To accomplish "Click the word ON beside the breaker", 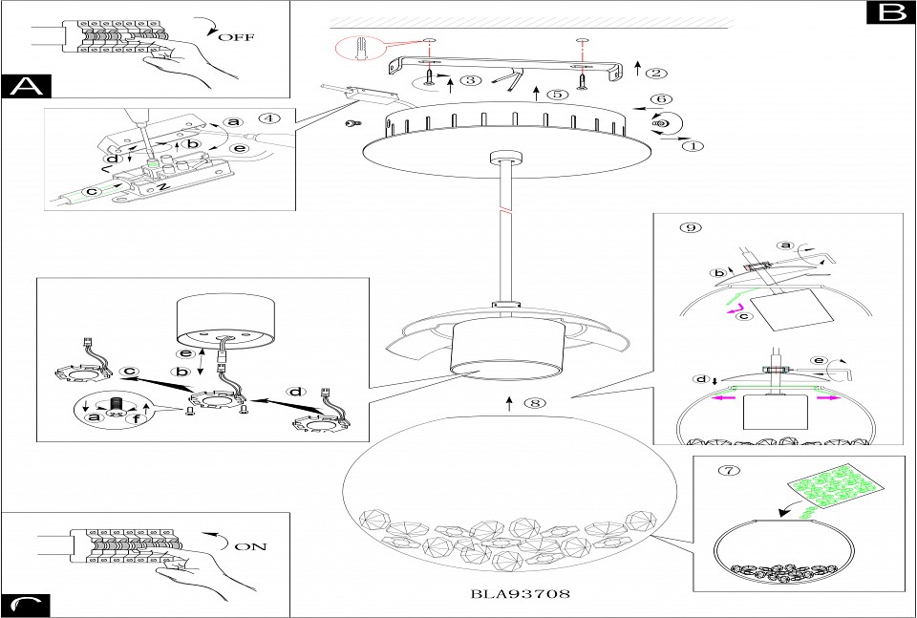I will [251, 546].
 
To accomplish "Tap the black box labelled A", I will [26, 85].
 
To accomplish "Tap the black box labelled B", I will [890, 12].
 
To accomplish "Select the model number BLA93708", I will [521, 593].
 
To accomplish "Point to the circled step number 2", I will [656, 72].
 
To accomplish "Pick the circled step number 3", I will [469, 80].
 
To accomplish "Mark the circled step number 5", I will [554, 94].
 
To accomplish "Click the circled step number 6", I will [657, 99].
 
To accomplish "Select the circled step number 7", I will [729, 470].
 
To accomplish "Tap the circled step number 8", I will [533, 403].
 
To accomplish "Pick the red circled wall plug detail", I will [358, 51].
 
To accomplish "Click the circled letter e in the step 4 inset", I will [240, 148].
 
